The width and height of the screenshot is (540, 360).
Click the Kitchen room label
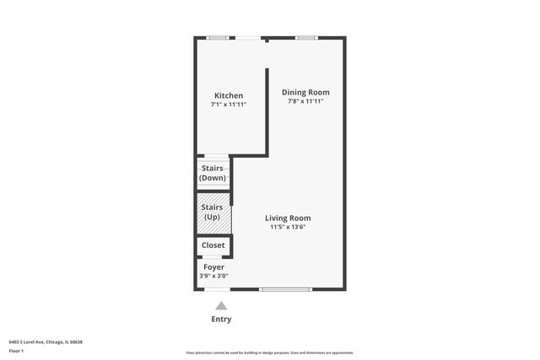click(x=229, y=95)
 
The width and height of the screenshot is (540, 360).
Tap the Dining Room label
click(x=305, y=92)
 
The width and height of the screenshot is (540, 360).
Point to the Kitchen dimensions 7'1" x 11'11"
click(x=229, y=105)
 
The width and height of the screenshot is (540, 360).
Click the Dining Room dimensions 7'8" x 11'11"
click(x=305, y=101)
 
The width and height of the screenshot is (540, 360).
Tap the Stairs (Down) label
click(x=212, y=174)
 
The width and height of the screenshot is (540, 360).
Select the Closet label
click(x=213, y=245)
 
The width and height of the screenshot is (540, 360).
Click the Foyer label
click(x=213, y=266)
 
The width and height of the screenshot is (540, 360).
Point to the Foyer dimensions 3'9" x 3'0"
click(x=213, y=276)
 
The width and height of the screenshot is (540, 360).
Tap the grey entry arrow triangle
click(x=221, y=306)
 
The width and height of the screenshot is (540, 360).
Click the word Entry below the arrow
click(x=221, y=320)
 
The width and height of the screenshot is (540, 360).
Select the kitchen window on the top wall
click(x=218, y=37)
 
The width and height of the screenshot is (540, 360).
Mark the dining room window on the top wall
click(x=305, y=37)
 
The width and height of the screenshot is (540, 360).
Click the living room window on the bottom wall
click(x=285, y=290)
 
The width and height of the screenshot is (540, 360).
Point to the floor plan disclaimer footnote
click(x=270, y=352)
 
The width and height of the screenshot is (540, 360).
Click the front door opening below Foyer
click(x=218, y=290)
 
